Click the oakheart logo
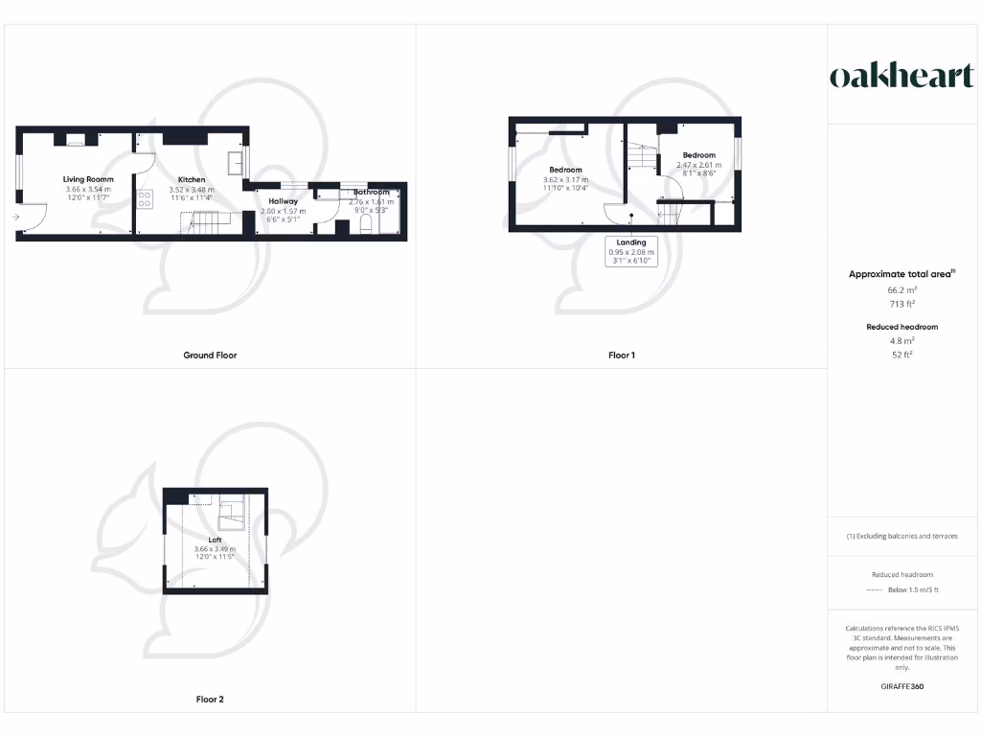pos(901,77)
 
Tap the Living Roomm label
pos(88,179)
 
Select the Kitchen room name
pos(192,179)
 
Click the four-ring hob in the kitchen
pos(146,199)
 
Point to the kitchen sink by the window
pos(236,161)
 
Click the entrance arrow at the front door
pos(16,218)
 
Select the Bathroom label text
pos(371,193)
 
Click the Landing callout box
pos(631,252)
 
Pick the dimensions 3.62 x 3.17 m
pos(565,179)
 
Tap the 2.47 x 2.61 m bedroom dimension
pos(699,165)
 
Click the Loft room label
pos(215,540)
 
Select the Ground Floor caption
pos(210,356)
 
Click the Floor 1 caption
pos(622,356)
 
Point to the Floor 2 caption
pos(210,700)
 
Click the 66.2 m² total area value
pos(901,288)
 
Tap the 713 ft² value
pos(901,303)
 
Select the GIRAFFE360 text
pos(901,686)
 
